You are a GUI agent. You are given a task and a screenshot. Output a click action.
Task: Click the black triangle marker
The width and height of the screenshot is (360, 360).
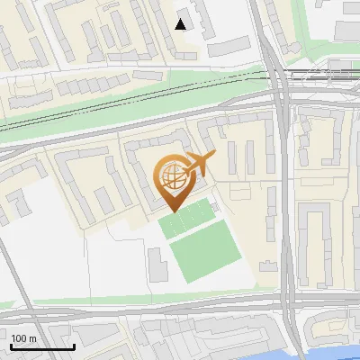(181, 24)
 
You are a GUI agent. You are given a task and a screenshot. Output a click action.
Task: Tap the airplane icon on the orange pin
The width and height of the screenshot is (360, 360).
(200, 164)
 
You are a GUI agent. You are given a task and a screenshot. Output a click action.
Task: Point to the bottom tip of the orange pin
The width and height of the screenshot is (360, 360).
(171, 209)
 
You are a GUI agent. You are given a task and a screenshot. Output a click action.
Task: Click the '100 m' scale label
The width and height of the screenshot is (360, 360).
(23, 338)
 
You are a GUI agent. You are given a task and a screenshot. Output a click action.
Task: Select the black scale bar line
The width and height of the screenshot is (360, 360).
(42, 346)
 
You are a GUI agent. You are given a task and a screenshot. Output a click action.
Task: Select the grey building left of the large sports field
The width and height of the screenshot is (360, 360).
(157, 262)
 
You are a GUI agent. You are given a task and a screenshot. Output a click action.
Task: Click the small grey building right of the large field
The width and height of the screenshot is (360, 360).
(267, 265)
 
